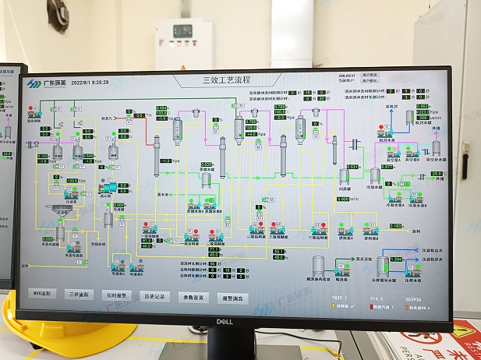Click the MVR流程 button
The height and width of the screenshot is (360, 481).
41,294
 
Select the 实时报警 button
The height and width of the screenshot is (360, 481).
114,295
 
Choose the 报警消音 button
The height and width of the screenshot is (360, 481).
232,298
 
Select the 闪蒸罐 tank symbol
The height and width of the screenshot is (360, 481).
344,176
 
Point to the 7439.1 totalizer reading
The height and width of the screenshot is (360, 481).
337,298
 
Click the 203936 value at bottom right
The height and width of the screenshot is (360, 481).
413,298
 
